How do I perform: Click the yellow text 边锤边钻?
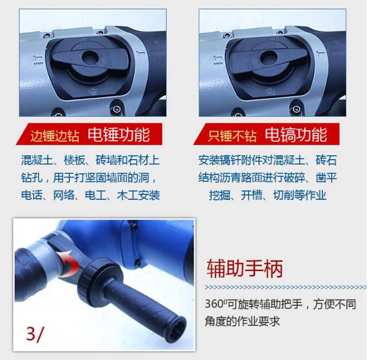[54, 136]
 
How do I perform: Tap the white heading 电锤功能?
[119, 135]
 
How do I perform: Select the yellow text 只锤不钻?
[232, 136]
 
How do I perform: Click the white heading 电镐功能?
[296, 135]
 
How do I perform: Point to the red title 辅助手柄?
[245, 269]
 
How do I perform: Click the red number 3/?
[35, 334]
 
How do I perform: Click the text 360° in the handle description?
[216, 304]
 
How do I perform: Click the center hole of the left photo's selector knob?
[90, 57]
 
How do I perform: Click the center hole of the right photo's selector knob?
[268, 57]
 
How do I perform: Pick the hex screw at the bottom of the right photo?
[295, 109]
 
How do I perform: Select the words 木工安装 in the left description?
[138, 195]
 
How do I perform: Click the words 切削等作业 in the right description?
[299, 195]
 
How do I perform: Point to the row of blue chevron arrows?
[286, 287]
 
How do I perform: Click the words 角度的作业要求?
[242, 321]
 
